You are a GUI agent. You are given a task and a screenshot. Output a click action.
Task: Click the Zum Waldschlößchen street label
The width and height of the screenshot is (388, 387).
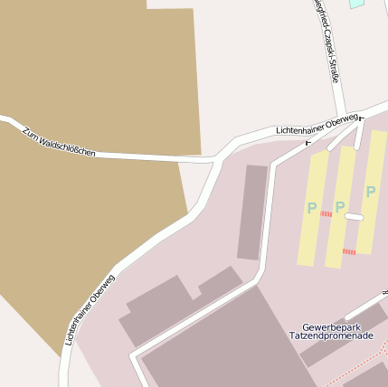click(x=60, y=141)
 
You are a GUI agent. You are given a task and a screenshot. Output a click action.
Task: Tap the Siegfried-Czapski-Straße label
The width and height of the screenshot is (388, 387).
click(x=326, y=41)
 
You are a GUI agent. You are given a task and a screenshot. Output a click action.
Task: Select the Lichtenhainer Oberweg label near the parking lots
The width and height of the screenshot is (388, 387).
click(x=316, y=126)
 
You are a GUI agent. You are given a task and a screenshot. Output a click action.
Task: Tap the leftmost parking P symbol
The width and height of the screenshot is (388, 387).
click(x=312, y=209)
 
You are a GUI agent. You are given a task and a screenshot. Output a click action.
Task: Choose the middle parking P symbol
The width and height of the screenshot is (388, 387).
click(x=341, y=207)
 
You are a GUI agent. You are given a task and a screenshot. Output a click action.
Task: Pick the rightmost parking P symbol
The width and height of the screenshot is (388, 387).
click(x=371, y=191)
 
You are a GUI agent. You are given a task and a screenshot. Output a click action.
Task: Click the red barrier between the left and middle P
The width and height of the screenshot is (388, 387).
click(x=326, y=214)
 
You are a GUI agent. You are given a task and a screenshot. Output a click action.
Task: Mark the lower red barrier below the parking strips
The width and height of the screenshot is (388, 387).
click(x=349, y=251)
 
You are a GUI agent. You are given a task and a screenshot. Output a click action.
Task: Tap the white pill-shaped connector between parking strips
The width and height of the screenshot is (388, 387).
click(x=354, y=217)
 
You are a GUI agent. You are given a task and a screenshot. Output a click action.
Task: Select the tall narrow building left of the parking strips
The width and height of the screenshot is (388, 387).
click(x=252, y=212)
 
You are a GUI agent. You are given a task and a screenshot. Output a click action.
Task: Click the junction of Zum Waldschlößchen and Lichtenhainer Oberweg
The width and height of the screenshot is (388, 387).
click(x=217, y=160)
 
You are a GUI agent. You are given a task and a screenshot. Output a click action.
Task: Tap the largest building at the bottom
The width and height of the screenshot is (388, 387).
click(x=226, y=348)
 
